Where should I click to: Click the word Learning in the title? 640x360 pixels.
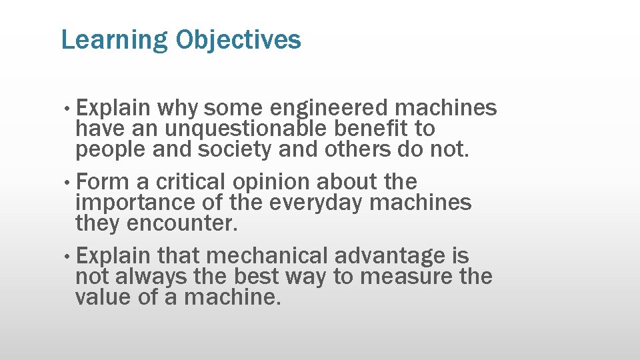point(114,41)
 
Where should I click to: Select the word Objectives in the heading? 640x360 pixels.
point(238,41)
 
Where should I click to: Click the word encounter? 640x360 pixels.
point(181,224)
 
